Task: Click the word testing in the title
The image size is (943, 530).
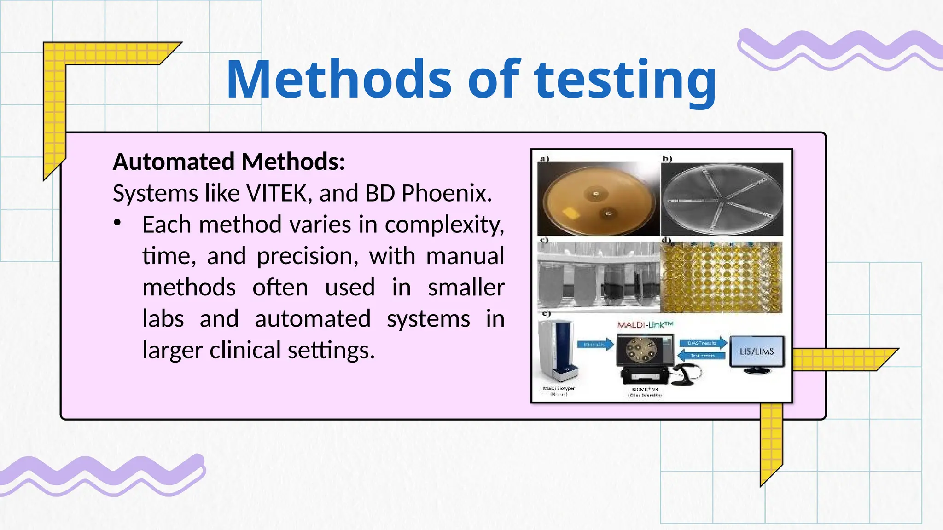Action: (625, 81)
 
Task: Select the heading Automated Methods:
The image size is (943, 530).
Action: (229, 162)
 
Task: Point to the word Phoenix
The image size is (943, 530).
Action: (446, 193)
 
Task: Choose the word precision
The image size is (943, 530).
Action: (307, 256)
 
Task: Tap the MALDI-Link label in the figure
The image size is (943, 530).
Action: (645, 325)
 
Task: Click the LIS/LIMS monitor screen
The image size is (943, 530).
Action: (757, 351)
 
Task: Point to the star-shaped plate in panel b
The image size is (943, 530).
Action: (722, 199)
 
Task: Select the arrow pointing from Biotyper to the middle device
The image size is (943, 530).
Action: (596, 344)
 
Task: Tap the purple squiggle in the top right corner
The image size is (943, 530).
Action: (838, 50)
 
